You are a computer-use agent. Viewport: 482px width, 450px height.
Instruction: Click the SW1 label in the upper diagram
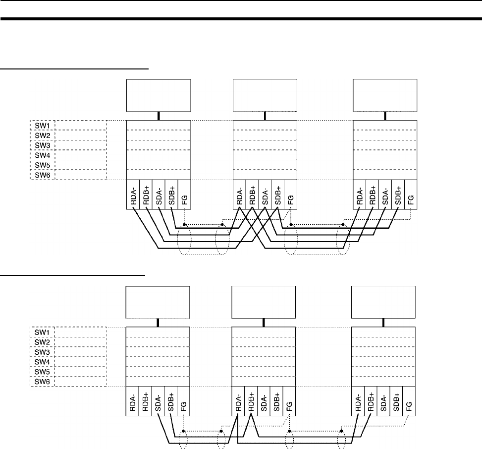[42, 125]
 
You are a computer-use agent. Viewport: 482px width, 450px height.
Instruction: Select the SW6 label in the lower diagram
[42, 382]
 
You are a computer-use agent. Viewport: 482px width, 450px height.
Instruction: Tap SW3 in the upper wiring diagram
[42, 145]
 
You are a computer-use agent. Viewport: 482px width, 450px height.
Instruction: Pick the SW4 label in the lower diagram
[42, 362]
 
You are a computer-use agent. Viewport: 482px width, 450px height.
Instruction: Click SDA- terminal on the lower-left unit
[158, 400]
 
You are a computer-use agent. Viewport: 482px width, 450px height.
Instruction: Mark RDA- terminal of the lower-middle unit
[239, 400]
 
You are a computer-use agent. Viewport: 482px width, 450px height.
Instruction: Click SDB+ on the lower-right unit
[396, 400]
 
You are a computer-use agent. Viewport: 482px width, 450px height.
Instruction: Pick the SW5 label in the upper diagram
[42, 165]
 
